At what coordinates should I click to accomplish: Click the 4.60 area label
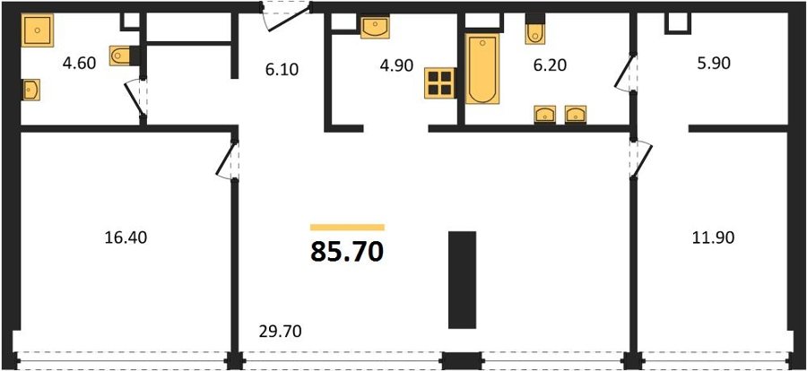(x=79, y=65)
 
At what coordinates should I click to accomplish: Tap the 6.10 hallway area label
(x=282, y=69)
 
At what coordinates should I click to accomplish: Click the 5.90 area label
(x=713, y=64)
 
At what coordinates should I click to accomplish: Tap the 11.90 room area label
(x=713, y=237)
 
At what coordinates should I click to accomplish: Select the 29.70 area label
(x=281, y=331)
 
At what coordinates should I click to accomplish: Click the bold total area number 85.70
(x=347, y=253)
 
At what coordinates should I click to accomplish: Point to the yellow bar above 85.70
(x=347, y=227)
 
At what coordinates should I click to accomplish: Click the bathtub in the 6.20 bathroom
(x=482, y=68)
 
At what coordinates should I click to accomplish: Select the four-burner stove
(x=439, y=83)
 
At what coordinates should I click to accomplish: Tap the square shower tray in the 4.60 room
(x=38, y=30)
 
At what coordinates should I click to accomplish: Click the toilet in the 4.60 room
(x=121, y=56)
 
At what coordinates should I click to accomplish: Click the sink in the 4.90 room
(x=375, y=27)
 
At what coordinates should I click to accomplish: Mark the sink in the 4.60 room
(x=30, y=90)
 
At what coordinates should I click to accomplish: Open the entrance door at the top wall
(x=286, y=17)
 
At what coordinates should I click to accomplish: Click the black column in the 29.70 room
(x=462, y=280)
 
